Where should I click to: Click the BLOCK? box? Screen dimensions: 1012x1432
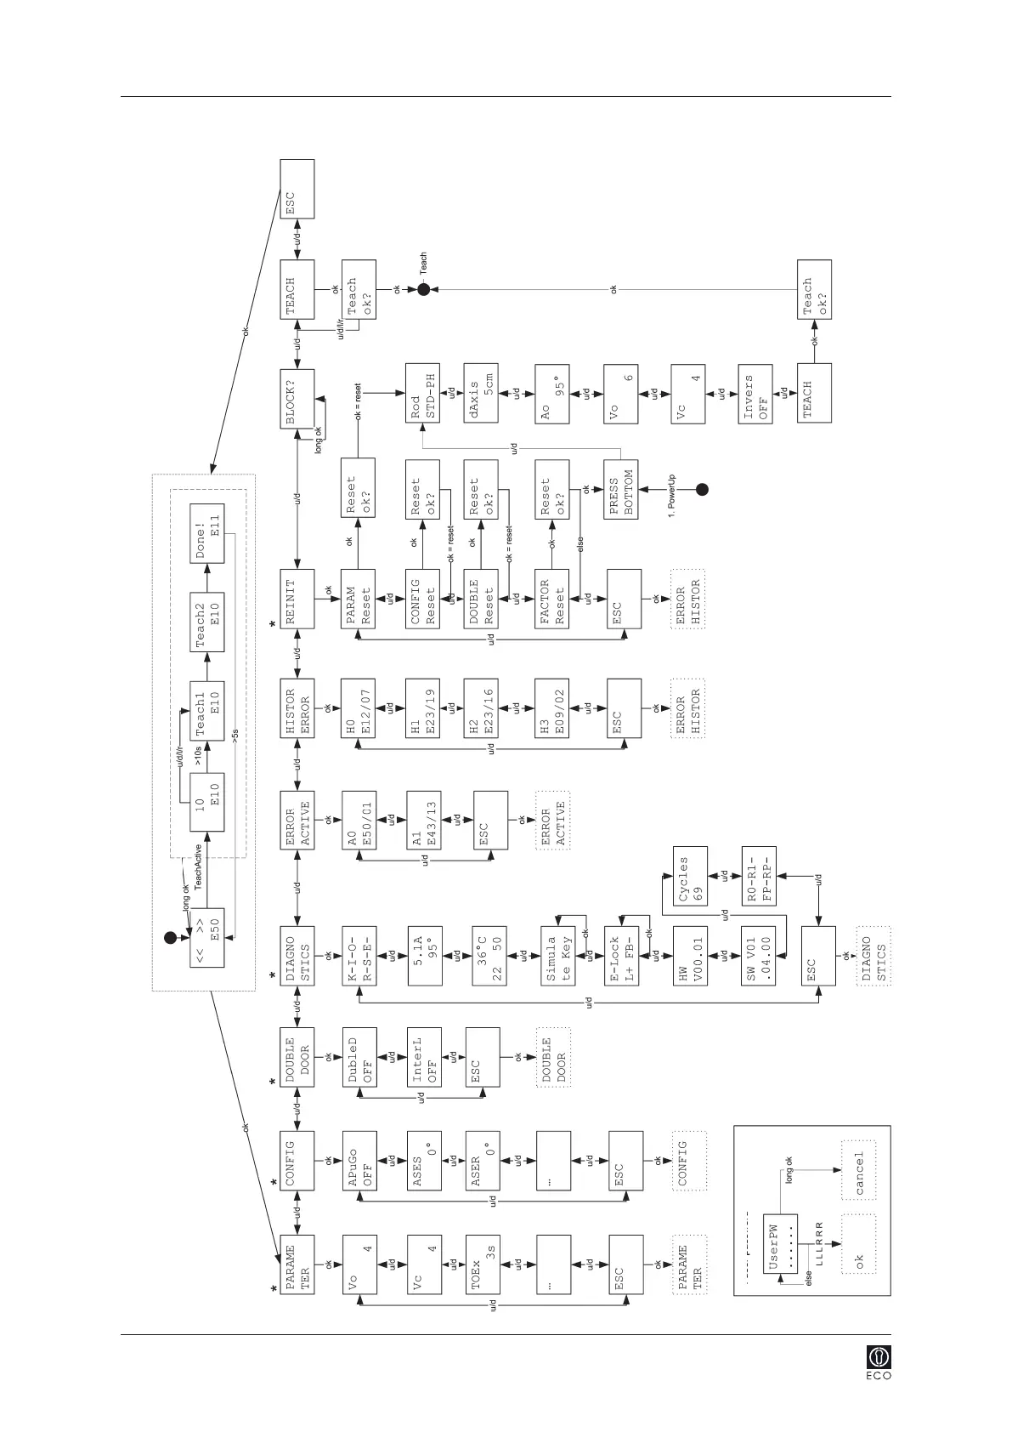[297, 399]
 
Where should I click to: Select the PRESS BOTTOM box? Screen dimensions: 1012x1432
[620, 489]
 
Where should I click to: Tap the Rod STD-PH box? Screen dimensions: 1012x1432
[422, 393]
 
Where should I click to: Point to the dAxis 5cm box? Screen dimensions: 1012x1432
[481, 393]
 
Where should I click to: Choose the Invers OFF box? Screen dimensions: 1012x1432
[755, 394]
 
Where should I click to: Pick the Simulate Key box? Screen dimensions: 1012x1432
[557, 956]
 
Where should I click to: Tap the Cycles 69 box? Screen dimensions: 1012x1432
[690, 876]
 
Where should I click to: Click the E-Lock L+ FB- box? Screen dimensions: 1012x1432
[621, 956]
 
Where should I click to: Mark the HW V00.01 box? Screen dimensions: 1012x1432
[690, 956]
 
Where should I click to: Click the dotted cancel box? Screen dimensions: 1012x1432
[857, 1171]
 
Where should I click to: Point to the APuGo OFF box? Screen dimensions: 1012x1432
[359, 1161]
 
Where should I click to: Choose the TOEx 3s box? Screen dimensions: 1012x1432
[483, 1264]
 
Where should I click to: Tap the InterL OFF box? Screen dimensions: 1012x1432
[424, 1057]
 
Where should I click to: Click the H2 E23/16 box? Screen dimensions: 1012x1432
[481, 708]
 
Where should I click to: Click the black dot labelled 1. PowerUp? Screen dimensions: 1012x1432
[702, 489]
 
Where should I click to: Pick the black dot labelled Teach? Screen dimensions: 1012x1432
[423, 290]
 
